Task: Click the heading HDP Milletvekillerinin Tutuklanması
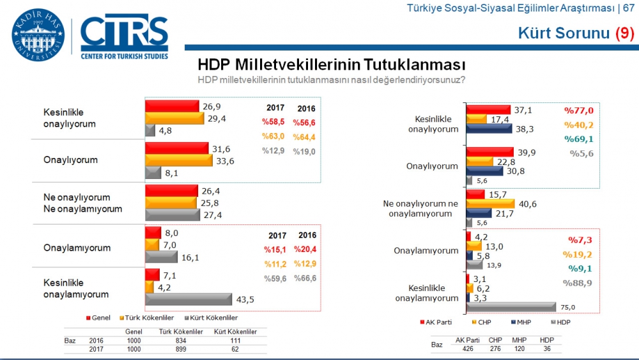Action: click(331, 65)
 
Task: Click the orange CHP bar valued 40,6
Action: click(496, 203)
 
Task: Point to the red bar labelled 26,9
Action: click(172, 106)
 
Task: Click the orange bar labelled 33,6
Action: click(178, 160)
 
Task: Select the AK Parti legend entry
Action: click(438, 322)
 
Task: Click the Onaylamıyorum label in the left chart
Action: click(77, 248)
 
